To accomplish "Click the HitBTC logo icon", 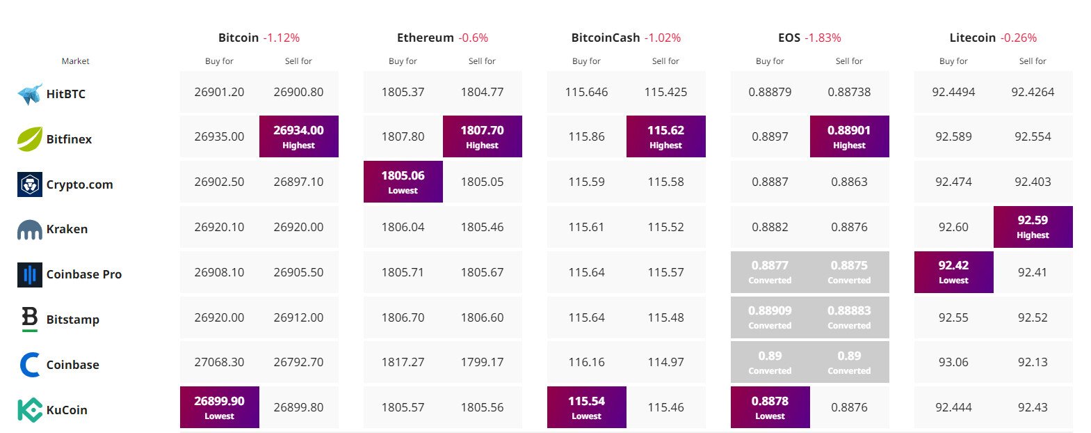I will pos(30,94).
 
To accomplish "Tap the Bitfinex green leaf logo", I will pos(30,139).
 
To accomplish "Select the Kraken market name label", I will pos(67,229).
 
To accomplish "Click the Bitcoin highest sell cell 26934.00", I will pos(298,136).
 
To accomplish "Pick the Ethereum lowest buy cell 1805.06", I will pos(403,182).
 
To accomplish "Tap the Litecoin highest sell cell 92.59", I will pos(1033,227).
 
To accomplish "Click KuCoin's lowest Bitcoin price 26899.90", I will pos(219,407).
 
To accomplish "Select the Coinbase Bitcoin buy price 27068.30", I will pos(219,362).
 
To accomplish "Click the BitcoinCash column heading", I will pos(605,38).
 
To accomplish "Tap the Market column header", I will pos(75,61).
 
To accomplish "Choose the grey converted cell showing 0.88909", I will pos(770,317).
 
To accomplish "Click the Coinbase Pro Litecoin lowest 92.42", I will pos(953,272).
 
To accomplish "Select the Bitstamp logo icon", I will pos(29,319).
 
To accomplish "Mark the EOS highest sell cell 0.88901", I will pos(849,136).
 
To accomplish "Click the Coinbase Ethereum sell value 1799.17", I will pos(482,362).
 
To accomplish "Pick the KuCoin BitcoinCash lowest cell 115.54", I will pos(586,407).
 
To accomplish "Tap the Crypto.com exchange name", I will pos(79,184).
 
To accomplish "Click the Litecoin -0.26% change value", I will pos(1019,38).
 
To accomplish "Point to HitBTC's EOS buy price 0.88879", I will pos(770,92).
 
